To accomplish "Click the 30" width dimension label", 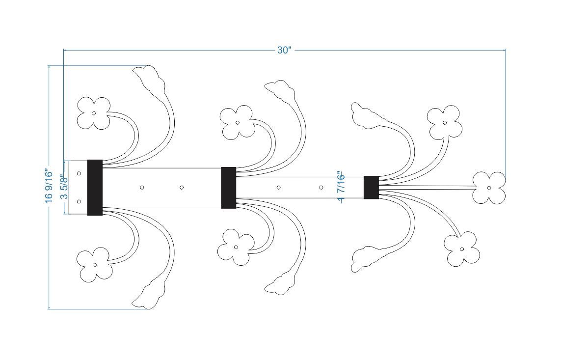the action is [285, 50].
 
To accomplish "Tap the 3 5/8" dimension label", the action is [64, 187].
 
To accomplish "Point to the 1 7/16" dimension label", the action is [341, 187].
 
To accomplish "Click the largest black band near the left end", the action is [95, 188].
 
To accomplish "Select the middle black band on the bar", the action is [229, 188].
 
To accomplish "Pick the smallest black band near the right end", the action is [372, 187].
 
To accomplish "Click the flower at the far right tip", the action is [489, 188].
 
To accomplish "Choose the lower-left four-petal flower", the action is [94, 265].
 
